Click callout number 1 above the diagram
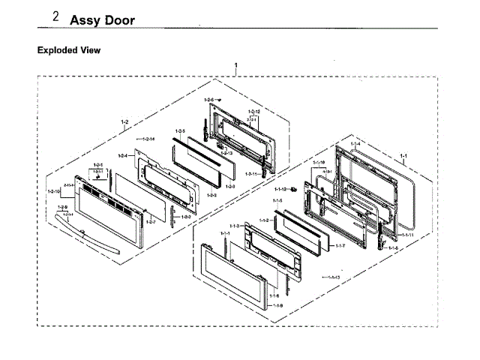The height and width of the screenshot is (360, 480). [x=237, y=67]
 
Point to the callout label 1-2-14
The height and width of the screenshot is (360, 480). [x=145, y=139]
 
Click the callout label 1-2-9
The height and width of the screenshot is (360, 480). [x=62, y=207]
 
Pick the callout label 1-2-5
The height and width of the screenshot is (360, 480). [x=180, y=131]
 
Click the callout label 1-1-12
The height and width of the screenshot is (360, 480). [x=280, y=189]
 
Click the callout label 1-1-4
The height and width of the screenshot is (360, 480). [x=354, y=143]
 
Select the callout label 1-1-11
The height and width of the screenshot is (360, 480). [x=406, y=235]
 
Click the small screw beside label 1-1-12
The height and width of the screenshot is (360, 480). [x=294, y=190]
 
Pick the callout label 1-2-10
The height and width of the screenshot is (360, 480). [x=54, y=192]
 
